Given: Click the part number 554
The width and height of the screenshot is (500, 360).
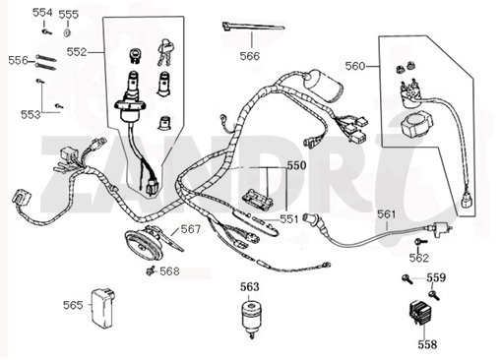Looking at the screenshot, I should point(42,13).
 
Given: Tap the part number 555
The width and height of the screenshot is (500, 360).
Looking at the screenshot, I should point(69,15).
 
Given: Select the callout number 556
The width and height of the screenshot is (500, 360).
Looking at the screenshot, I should point(19,60).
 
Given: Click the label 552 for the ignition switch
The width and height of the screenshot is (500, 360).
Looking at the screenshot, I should point(78,51).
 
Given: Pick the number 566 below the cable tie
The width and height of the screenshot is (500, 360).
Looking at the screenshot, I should point(249,56).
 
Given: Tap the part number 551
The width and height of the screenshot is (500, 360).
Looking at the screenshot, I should point(290,217).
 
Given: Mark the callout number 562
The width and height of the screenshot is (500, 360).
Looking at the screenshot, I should point(419,258).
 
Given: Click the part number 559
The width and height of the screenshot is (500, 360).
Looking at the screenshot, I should point(436,277).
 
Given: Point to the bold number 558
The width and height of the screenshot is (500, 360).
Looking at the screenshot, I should point(427,344).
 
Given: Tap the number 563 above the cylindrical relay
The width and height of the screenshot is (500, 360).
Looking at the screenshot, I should point(249,286).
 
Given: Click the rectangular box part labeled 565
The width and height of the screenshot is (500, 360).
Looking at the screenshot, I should point(101,306).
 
